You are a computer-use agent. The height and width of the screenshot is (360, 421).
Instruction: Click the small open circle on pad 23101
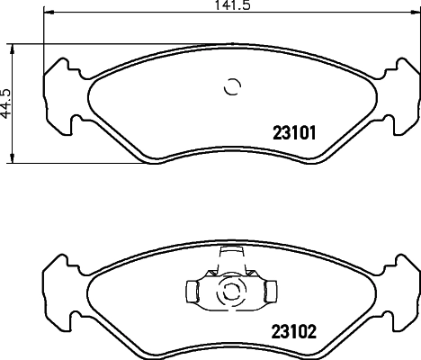[232, 87]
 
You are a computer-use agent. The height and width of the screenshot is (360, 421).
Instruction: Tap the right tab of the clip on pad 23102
[270, 292]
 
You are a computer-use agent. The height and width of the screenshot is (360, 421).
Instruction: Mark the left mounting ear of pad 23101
[55, 90]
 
